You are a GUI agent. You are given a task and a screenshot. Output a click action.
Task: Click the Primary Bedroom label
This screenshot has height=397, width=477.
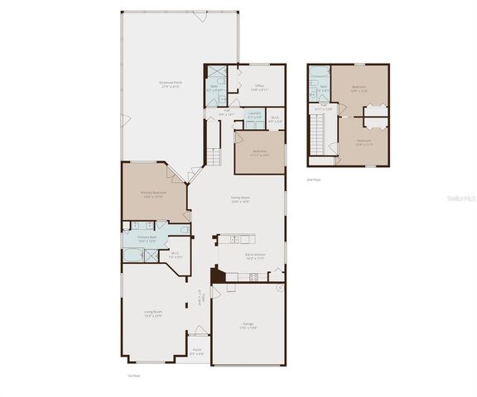[153, 194]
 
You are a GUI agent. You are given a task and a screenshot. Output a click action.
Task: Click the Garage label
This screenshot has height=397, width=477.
[248, 324]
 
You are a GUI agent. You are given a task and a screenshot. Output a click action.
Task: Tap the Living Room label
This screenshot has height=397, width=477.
[153, 313]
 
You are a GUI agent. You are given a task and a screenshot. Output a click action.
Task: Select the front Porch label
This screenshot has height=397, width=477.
[197, 351]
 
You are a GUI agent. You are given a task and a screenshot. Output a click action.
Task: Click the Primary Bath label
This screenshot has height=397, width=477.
[147, 238]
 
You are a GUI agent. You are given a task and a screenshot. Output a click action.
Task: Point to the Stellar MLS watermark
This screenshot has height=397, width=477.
[460, 199]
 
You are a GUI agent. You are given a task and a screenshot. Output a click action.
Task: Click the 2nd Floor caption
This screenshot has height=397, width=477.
[313, 179]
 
